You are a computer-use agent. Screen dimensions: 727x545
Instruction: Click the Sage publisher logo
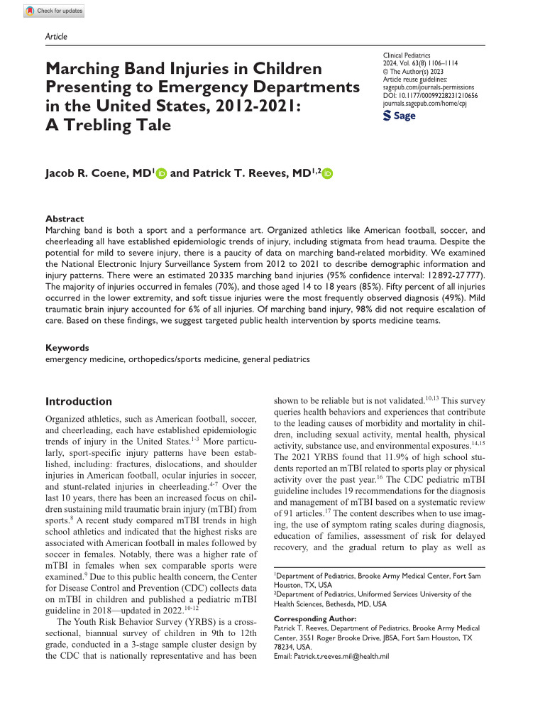[400, 116]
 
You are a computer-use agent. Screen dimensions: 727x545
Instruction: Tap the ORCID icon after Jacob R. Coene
[161, 173]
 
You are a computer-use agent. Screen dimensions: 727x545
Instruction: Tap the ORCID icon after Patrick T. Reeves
[326, 173]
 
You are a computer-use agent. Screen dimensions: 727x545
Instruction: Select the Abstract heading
[65, 219]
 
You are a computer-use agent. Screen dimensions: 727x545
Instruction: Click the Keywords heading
[67, 348]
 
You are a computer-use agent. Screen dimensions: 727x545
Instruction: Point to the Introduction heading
[78, 401]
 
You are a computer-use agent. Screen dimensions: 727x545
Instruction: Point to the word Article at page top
[56, 36]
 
